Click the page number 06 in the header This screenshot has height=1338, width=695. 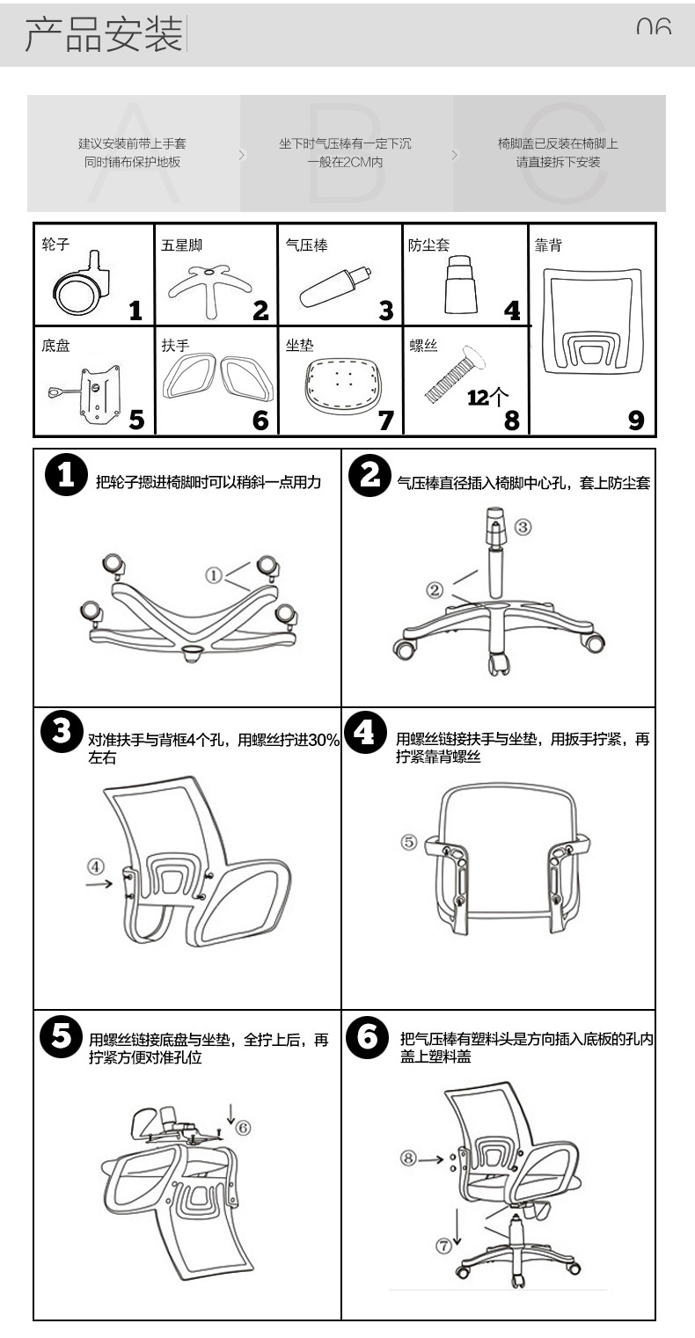pos(654,26)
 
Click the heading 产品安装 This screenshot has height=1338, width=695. pos(104,33)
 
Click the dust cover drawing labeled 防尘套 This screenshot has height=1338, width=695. pos(461,284)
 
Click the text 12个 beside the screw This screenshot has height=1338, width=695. pos(487,398)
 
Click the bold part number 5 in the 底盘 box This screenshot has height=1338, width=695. pos(136,420)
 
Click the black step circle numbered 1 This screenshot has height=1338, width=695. pos(66,475)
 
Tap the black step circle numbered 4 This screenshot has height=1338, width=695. pos(364,732)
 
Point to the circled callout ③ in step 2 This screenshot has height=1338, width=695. pos(523,527)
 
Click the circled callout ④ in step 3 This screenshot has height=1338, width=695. pos(96,866)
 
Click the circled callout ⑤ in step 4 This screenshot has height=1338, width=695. pos(409,842)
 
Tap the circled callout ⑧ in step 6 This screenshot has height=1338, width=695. pos(408,1159)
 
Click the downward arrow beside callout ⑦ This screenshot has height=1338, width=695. pos(457,1227)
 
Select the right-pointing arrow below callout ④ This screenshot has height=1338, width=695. pos(99,883)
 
